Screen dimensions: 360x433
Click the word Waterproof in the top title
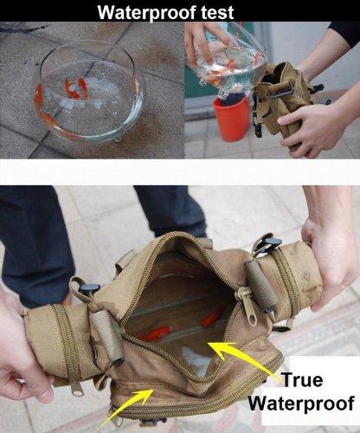click(147, 12)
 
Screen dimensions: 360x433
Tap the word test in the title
click(217, 12)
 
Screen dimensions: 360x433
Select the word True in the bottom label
click(302, 379)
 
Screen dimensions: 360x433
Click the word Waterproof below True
click(301, 403)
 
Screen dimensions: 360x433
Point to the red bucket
click(231, 119)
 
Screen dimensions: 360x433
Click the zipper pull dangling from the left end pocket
click(77, 388)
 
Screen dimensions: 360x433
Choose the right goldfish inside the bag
click(212, 318)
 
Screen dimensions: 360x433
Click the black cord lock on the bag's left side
click(89, 288)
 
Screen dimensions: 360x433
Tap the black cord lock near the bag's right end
click(270, 243)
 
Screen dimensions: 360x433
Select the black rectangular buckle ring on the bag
click(279, 89)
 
